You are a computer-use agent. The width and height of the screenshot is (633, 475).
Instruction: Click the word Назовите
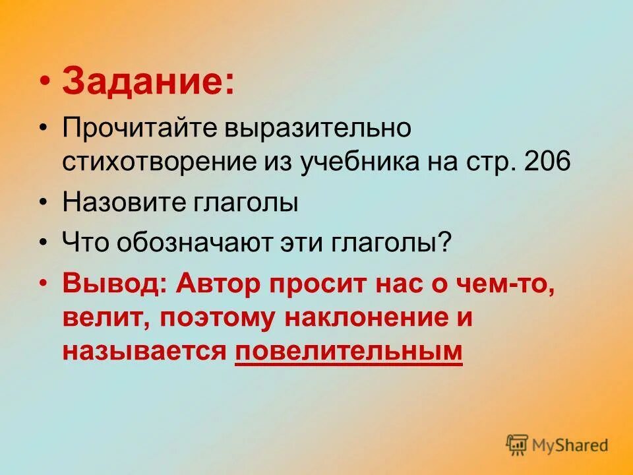(125, 203)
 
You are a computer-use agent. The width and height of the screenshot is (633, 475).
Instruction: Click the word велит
(106, 318)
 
